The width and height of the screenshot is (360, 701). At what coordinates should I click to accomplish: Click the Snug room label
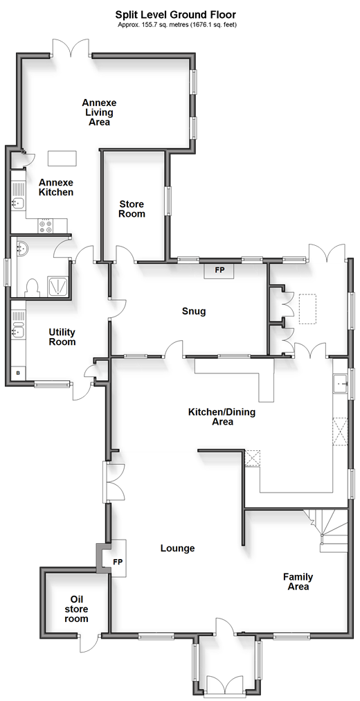pos(194,311)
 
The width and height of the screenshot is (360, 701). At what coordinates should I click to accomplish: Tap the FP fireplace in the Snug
pos(219,269)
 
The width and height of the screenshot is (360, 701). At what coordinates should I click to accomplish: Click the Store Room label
pos(132,208)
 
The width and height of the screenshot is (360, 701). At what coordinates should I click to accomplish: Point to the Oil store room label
pos(75,609)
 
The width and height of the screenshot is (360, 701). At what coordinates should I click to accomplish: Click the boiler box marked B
pos(18,373)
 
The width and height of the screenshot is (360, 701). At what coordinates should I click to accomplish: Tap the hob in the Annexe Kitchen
pos(46,225)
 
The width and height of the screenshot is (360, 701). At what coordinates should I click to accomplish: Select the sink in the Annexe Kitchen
pos(18,204)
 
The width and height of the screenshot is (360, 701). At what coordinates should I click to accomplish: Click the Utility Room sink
pos(18,331)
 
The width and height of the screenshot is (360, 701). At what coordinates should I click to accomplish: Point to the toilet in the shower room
pos(32,288)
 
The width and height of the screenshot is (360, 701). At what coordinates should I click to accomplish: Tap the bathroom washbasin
pos(21,247)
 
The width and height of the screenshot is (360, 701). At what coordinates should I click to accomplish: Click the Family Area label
pos(298,581)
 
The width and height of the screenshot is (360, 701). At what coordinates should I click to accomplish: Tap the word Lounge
pos(178,548)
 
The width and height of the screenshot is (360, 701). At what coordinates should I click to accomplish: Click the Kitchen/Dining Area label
pos(222,416)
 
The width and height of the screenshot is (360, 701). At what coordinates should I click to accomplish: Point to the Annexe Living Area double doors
pos(71,48)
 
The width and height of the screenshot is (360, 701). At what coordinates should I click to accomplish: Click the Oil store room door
pos(87,643)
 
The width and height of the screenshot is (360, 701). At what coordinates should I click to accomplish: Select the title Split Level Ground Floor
pos(177,15)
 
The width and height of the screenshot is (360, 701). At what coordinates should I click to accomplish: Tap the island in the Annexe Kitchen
pos(62,158)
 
